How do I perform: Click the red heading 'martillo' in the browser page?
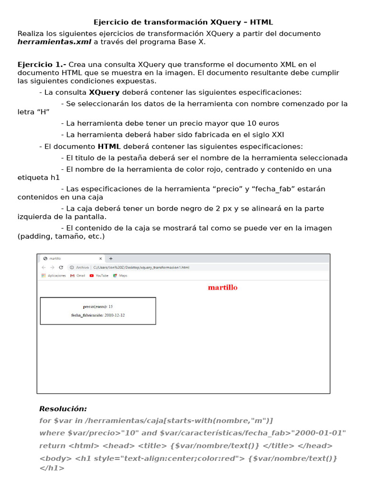222,288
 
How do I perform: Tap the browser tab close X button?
100,258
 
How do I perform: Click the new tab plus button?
111,258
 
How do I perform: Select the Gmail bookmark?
77,276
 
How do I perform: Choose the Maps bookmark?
120,276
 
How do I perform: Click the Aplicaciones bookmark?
54,276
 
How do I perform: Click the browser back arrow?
43,267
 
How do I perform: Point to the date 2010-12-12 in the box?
115,315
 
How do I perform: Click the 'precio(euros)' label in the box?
95,306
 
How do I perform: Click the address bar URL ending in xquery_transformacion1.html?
141,267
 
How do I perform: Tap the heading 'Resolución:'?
63,409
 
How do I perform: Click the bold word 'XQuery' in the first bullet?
104,92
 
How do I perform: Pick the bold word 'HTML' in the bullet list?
109,146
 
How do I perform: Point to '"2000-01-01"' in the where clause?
317,433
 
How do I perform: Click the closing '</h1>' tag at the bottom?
52,468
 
